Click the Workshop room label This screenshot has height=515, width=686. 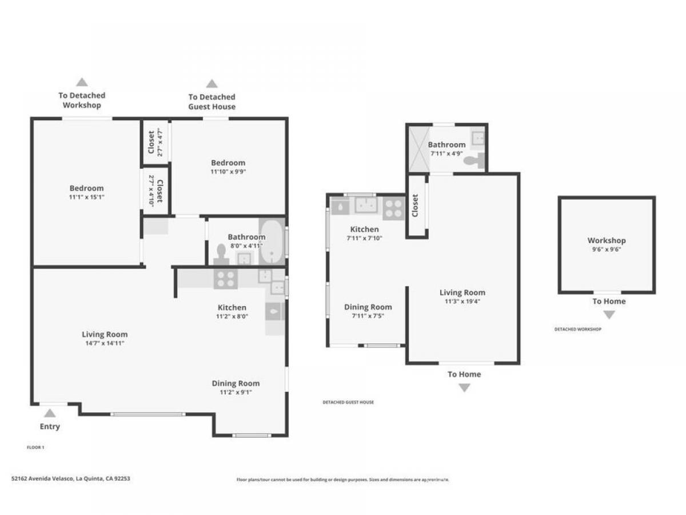click(x=607, y=240)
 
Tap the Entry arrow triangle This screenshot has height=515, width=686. click(x=50, y=413)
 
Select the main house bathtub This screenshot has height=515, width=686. click(x=272, y=241)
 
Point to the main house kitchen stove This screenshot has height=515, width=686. click(x=226, y=279)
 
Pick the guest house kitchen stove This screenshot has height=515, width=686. click(x=394, y=208)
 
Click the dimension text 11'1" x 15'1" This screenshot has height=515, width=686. click(x=87, y=197)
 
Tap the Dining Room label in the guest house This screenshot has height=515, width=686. click(x=368, y=307)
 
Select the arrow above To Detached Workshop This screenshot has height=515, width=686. click(x=82, y=82)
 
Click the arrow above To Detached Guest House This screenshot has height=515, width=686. click(x=212, y=84)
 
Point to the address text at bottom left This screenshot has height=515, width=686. click(x=71, y=478)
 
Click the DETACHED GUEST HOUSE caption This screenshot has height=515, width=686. click(x=348, y=402)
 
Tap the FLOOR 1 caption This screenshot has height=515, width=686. click(x=35, y=447)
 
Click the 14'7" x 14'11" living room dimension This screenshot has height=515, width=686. click(x=105, y=343)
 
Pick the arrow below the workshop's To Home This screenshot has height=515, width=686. click(x=609, y=315)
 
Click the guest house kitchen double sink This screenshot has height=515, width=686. click(x=365, y=204)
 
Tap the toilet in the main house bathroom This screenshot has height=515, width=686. click(x=221, y=255)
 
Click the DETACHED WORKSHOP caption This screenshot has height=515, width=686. click(x=577, y=329)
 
